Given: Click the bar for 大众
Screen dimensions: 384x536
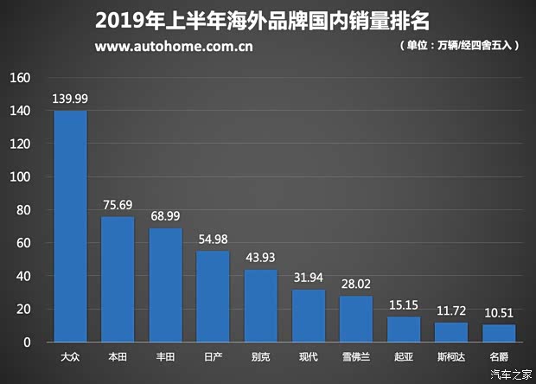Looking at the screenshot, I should tap(70, 227).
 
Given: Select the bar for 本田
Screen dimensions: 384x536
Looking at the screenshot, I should tap(118, 279).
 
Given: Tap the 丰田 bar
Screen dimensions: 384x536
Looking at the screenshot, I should tap(165, 285).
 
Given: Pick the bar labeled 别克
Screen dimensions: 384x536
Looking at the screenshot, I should tap(260, 306).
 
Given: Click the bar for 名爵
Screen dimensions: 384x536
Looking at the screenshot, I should tap(499, 333).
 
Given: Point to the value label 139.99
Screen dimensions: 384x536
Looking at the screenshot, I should tap(70, 99).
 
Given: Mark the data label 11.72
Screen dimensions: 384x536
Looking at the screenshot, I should tap(450, 310).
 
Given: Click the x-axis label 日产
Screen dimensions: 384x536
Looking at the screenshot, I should tap(213, 355).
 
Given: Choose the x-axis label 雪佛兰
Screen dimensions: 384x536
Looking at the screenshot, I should tap(355, 355).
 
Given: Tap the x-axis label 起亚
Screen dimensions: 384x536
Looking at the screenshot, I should tap(403, 355).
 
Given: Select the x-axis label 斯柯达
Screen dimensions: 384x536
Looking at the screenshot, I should tap(450, 355).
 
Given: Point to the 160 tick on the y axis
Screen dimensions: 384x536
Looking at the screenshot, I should tap(20, 78).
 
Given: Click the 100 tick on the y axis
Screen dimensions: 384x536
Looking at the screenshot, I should tap(20, 177).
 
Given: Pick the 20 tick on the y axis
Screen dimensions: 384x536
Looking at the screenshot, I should tap(22, 310).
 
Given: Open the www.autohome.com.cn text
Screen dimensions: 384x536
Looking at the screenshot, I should tap(174, 46).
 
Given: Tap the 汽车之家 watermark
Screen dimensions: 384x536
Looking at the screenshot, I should tap(510, 374).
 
